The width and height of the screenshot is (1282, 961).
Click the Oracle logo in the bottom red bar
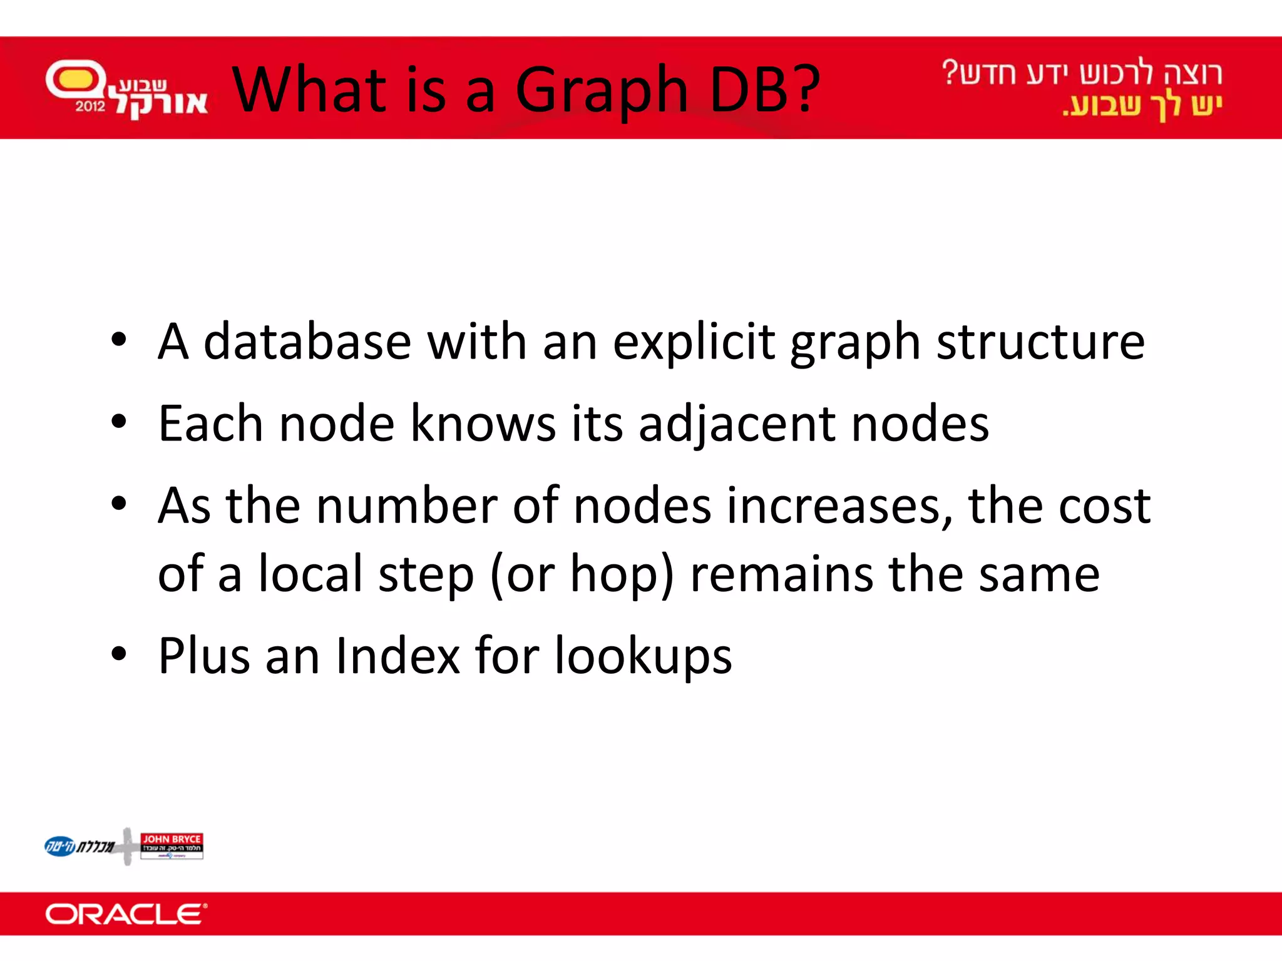pos(126,914)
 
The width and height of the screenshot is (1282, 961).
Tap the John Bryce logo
pos(172,845)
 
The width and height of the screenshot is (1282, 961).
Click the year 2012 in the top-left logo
pos(90,106)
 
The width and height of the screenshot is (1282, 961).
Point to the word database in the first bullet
pos(307,342)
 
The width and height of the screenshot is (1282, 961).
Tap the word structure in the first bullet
pos(1040,343)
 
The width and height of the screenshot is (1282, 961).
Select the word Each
pos(210,424)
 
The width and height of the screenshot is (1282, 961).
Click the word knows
pos(483,424)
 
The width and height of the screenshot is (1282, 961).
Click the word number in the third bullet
pos(407,506)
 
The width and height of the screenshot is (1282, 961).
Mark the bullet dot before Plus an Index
pos(118,654)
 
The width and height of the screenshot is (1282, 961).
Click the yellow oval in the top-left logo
pos(76,79)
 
